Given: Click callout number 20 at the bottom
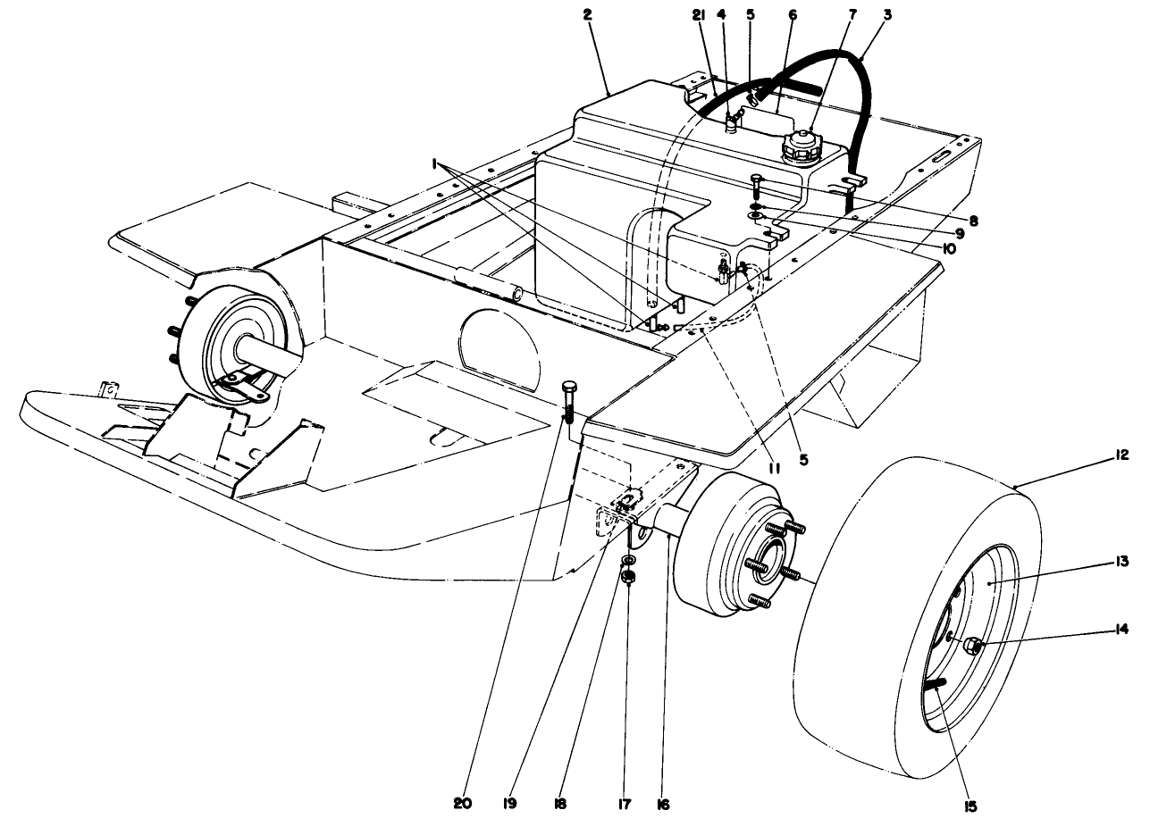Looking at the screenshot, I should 462,804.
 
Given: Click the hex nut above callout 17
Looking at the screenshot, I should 628,577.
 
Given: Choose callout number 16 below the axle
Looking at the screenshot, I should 661,804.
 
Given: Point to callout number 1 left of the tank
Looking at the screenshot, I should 435,164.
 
